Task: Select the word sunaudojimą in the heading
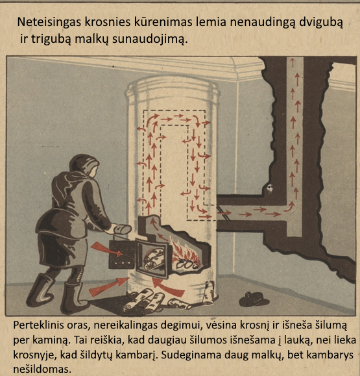pyautogui.click(x=150, y=40)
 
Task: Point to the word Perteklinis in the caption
pyautogui.click(x=39, y=325)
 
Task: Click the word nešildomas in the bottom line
pyautogui.click(x=42, y=369)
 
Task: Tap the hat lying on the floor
pyautogui.click(x=254, y=299)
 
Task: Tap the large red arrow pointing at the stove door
pyautogui.click(x=107, y=249)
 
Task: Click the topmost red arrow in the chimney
pyautogui.click(x=292, y=62)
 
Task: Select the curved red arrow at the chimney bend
pyautogui.click(x=289, y=207)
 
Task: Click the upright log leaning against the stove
pyautogui.click(x=208, y=292)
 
